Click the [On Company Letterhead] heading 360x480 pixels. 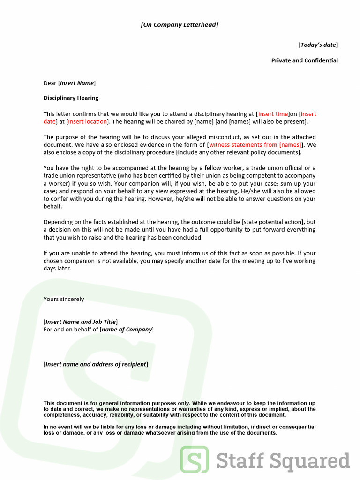pos(180,25)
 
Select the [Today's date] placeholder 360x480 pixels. pos(318,45)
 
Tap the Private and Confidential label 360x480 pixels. pos(304,60)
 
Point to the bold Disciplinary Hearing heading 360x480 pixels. pos(71,98)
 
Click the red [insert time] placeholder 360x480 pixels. pos(273,114)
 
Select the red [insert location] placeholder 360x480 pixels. pos(88,122)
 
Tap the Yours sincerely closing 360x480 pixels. pos(64,300)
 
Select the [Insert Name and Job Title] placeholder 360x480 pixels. pos(81,322)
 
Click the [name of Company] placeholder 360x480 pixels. pos(127,330)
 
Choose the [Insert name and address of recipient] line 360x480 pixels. pos(96,365)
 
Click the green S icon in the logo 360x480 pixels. pos(195,459)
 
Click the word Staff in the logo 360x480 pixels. pos(240,460)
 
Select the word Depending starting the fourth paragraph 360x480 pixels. pos(59,222)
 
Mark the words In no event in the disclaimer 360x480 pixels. pos(58,427)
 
